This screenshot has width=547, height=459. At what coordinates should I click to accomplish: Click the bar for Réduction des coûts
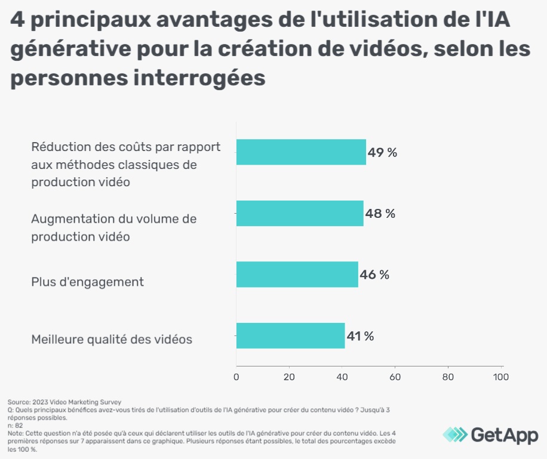301,152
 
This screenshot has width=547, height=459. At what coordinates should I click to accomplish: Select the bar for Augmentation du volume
300,213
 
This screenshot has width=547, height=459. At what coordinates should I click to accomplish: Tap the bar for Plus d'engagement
297,275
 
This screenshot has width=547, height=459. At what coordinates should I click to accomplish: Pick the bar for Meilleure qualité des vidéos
291,335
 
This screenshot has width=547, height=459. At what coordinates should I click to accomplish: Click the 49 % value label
382,152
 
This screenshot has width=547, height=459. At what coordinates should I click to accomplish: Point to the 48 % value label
380,213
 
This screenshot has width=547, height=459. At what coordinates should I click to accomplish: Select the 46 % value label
374,275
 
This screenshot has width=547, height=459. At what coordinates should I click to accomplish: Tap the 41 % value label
361,336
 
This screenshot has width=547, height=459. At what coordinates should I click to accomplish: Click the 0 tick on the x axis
236,377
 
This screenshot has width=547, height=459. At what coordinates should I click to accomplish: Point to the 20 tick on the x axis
289,377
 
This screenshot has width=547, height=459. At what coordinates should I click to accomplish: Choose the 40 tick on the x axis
342,377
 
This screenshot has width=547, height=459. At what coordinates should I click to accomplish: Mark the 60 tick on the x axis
395,377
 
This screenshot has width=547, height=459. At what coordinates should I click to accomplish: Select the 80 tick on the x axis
448,377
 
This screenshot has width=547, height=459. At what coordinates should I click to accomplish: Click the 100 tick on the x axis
500,377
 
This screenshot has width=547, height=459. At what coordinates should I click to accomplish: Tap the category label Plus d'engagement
87,282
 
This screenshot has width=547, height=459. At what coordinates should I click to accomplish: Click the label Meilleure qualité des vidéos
112,340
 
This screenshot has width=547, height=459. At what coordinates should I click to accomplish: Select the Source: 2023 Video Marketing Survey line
64,402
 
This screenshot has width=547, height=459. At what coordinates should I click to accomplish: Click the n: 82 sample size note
15,426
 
